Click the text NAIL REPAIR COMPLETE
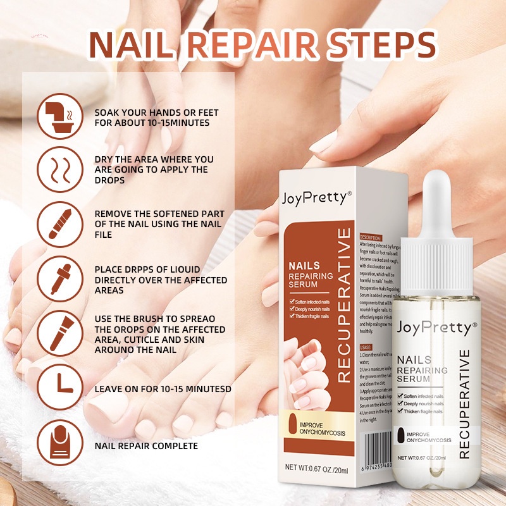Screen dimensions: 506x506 click(146, 446)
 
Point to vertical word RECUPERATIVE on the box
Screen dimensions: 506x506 click(343, 305)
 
